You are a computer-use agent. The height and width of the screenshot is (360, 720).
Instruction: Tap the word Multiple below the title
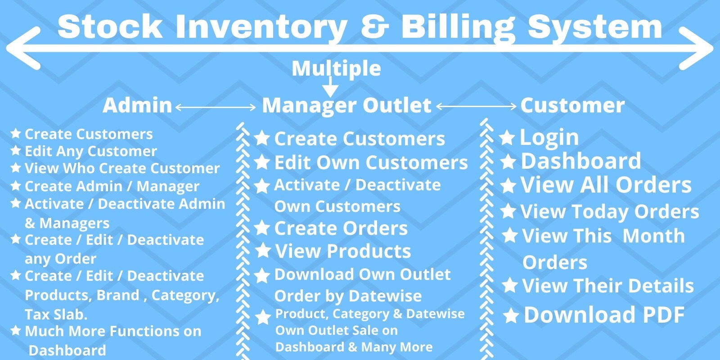click(x=336, y=68)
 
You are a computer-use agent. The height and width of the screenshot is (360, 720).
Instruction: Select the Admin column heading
click(x=137, y=105)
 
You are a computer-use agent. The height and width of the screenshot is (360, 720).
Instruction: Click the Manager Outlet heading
click(x=346, y=105)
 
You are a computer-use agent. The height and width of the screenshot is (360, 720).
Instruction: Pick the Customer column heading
click(x=572, y=105)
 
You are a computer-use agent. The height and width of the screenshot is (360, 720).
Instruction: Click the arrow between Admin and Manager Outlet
click(x=216, y=107)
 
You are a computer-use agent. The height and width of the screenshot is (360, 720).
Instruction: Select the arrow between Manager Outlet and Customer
click(x=476, y=107)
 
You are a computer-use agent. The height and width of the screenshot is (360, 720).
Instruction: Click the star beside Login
click(x=507, y=138)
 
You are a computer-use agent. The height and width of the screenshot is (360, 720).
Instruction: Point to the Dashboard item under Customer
click(x=580, y=161)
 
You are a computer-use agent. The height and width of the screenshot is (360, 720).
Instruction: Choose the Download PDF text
click(x=604, y=315)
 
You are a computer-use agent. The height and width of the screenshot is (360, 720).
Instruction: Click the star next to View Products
click(x=263, y=251)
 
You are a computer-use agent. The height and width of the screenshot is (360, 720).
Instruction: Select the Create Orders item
click(x=341, y=228)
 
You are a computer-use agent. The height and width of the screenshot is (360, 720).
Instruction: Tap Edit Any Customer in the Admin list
click(x=90, y=151)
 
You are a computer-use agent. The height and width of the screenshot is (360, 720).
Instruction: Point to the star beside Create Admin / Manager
click(x=16, y=185)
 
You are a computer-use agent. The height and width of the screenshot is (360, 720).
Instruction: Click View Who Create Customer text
click(x=122, y=168)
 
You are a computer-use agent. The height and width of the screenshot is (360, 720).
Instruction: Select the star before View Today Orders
click(x=508, y=211)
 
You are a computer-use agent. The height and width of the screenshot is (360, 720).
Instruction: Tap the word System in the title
click(x=595, y=27)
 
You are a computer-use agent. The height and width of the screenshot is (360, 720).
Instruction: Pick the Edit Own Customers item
click(x=371, y=162)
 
